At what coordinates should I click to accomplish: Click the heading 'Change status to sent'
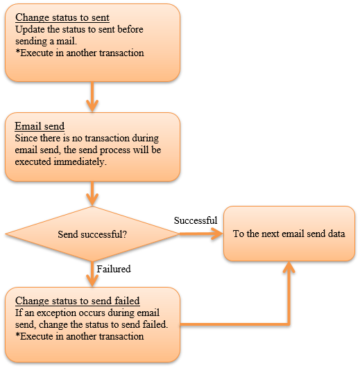[x=62, y=17]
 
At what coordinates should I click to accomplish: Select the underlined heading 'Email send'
[x=40, y=126]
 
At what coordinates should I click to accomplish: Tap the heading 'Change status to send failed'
[x=78, y=301]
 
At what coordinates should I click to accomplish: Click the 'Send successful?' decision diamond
[x=92, y=234]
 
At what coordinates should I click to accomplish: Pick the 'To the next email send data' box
[x=289, y=234]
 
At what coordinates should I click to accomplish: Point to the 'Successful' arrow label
[x=196, y=220]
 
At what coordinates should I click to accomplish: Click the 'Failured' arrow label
[x=114, y=269]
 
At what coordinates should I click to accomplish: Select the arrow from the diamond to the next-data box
[x=201, y=234]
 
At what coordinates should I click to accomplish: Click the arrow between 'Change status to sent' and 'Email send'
[x=92, y=97]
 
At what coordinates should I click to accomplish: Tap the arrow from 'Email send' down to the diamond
[x=92, y=193]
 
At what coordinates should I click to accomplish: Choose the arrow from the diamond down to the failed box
[x=92, y=274]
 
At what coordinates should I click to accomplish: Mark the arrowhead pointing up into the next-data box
[x=289, y=267]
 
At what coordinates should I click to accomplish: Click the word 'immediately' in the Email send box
[x=79, y=162]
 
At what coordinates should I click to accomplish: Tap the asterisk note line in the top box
[x=80, y=53]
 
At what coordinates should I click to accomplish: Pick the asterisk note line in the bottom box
[x=80, y=337]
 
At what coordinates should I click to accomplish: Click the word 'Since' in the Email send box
[x=26, y=138]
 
